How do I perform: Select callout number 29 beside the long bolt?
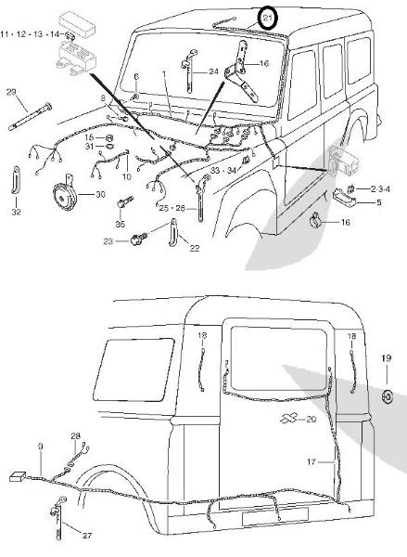point(11,92)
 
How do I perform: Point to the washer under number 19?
point(388,396)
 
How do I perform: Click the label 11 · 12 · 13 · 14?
point(30,34)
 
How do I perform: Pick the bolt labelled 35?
point(124,201)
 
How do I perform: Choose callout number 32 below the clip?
point(17,212)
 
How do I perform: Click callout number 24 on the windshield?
point(213,72)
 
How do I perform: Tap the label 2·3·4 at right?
point(380,189)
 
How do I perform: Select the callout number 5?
point(378,202)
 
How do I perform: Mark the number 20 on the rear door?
point(311,420)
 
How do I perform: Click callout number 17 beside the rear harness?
point(312,462)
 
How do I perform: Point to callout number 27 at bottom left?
point(87,536)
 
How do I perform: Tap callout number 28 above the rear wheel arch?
point(76,436)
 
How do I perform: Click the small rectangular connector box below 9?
point(18,476)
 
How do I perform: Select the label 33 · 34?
point(223,171)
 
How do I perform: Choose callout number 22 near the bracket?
point(194,248)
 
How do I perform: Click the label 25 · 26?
point(172,208)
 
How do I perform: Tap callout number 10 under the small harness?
point(127,176)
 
